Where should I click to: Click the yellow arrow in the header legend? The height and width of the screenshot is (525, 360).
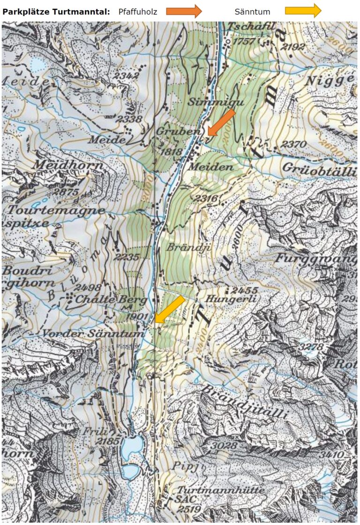303,11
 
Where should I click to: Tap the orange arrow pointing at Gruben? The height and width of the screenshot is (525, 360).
220,122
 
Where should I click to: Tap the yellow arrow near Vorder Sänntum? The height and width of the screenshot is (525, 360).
169,310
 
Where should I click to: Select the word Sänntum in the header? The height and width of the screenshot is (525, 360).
252,11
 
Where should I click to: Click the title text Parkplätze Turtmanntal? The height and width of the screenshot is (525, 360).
56,11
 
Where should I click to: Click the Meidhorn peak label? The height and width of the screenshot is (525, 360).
61,165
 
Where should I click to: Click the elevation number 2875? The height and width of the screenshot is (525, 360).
66,192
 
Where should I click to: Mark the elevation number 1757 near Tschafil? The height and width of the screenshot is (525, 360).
247,41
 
